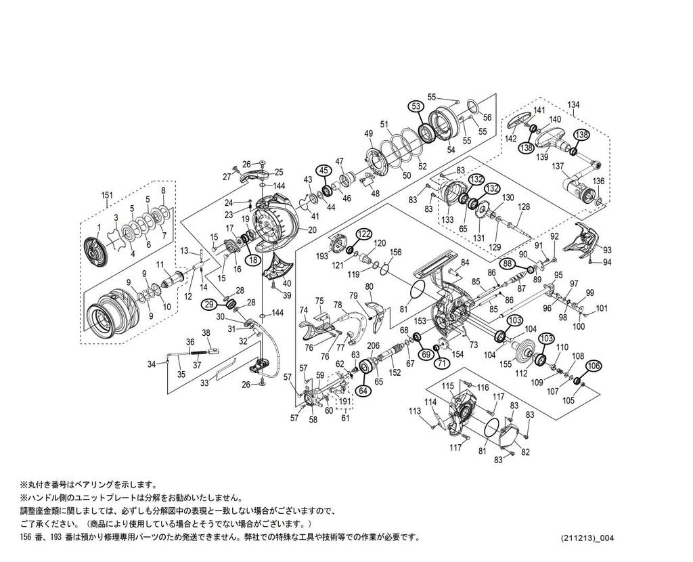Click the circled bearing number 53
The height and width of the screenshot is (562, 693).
[416, 106]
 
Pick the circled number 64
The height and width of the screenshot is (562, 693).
[363, 390]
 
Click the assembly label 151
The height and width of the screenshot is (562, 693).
[106, 195]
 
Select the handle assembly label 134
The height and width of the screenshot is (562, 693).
[574, 105]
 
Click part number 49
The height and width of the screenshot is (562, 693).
[369, 133]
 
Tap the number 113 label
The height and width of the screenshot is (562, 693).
[415, 411]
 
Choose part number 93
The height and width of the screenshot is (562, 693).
[607, 250]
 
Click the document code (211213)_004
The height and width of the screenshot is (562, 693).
[588, 538]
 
